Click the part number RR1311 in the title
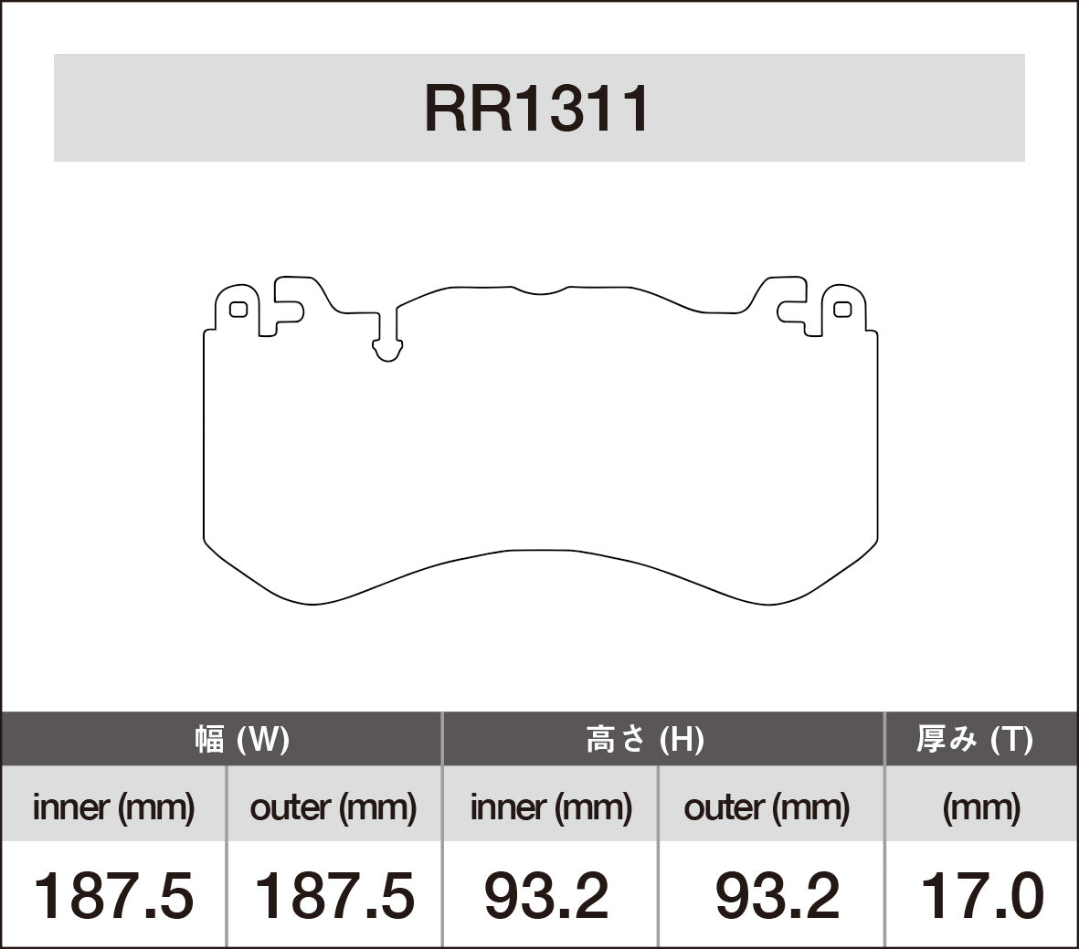point(537,110)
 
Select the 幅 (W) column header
point(242,739)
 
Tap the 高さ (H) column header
point(644,739)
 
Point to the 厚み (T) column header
point(974,739)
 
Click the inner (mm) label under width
point(113,807)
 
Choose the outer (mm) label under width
point(333,807)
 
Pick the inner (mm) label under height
point(550,807)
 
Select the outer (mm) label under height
point(766,807)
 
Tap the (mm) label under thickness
point(981,807)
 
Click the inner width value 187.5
point(113,895)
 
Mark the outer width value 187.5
point(333,895)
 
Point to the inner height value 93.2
point(545,895)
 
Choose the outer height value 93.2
point(777,895)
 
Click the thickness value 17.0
point(981,895)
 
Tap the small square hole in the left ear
point(238,310)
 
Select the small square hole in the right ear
point(842,310)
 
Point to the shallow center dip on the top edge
point(539,291)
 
